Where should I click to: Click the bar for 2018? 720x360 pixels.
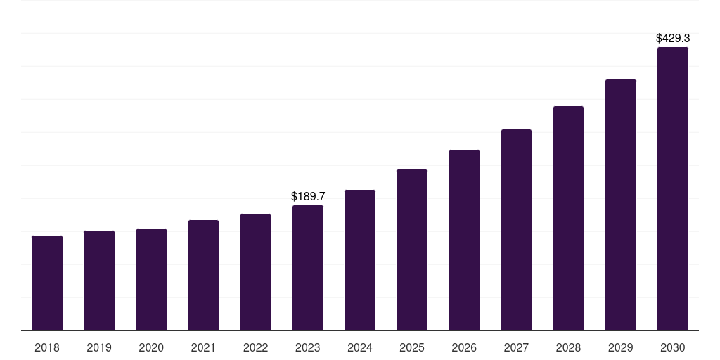pos(47,283)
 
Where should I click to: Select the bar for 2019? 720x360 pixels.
pos(99,281)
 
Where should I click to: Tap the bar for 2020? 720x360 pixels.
pos(152,280)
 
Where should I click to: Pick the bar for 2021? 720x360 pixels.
pos(203,276)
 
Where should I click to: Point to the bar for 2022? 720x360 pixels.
pos(255,272)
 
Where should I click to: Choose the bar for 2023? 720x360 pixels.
pos(308,268)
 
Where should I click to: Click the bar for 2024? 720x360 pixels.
pos(360,260)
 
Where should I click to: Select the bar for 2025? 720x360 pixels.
pos(412,250)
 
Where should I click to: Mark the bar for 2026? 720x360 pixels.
pos(464,240)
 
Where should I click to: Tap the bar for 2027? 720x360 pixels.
pos(516,230)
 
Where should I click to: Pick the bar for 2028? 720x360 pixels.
pos(568,219)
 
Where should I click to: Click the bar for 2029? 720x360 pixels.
pos(621,205)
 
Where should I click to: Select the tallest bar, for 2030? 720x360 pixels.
pos(673,188)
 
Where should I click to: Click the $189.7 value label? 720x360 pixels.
pos(308,197)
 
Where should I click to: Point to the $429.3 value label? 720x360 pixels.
pos(673,38)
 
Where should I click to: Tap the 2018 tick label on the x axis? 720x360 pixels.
pos(47,347)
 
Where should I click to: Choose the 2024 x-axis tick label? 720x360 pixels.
pos(360,347)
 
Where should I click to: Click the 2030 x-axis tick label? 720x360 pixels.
pos(673,347)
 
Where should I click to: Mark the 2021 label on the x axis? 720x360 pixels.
pos(203,347)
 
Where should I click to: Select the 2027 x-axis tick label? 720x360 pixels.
pos(516,347)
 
